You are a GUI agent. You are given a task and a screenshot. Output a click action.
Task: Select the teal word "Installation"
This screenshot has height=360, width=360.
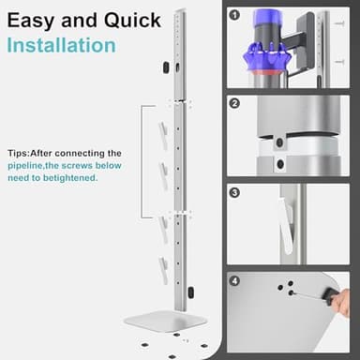pyautogui.click(x=62, y=45)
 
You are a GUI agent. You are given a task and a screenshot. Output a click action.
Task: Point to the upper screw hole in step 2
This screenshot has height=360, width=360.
pyautogui.click(x=278, y=142)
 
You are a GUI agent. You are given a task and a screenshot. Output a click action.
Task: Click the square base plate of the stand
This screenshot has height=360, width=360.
pyautogui.click(x=165, y=321)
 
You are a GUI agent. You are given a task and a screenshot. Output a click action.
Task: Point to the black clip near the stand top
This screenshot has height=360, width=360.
pyautogui.click(x=165, y=67)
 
